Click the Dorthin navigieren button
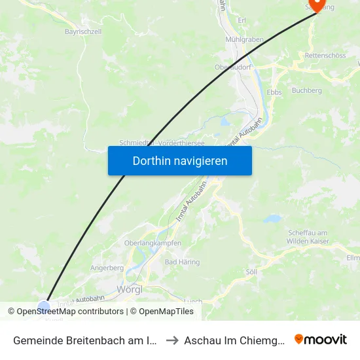pyautogui.click(x=180, y=160)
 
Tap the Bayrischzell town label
pyautogui.click(x=82, y=31)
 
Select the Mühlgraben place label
pyautogui.click(x=244, y=39)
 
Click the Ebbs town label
pyautogui.click(x=274, y=92)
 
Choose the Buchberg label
pyautogui.click(x=306, y=90)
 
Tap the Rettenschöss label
pyautogui.click(x=325, y=56)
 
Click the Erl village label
pyautogui.click(x=242, y=20)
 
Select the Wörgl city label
pyautogui.click(x=130, y=289)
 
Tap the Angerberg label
pyautogui.click(x=107, y=268)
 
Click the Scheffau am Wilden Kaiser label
pyautogui.click(x=311, y=237)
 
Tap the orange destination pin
pyautogui.click(x=317, y=5)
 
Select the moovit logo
pyautogui.click(x=321, y=340)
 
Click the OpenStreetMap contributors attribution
pyautogui.click(x=70, y=312)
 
